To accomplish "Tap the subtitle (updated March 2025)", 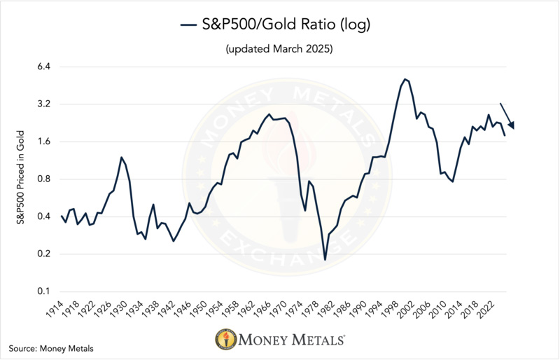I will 279,50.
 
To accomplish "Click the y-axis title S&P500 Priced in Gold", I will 20,179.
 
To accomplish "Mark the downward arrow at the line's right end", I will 507,116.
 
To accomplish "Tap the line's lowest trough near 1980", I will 325,260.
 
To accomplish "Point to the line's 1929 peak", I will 121,158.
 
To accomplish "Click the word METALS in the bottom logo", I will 314,341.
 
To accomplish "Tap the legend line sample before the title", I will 190,26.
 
